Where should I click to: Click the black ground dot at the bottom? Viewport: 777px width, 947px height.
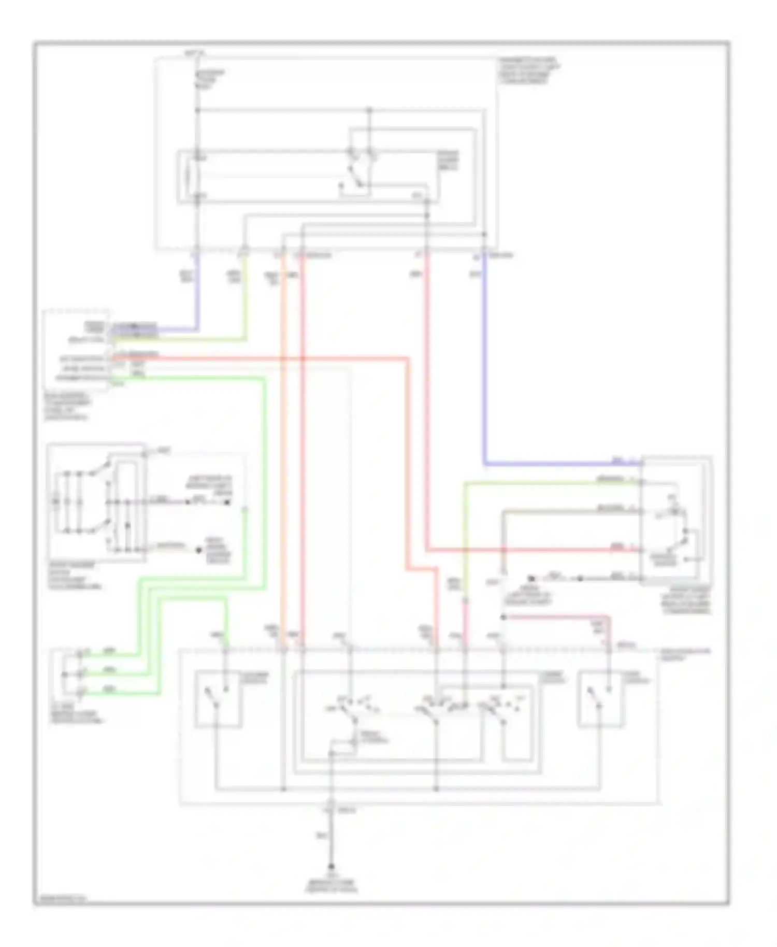tap(331, 866)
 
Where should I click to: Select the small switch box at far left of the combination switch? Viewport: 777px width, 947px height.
tap(218, 699)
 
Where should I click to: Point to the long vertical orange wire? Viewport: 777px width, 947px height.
tap(284, 466)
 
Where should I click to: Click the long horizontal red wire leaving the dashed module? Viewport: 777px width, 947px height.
tap(259, 358)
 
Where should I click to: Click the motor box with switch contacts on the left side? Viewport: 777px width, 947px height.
tap(96, 502)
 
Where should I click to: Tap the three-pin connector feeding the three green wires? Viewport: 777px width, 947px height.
tap(73, 673)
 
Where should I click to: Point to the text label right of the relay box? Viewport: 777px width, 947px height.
tap(448, 161)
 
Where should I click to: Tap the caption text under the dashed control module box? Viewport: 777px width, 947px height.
tap(67, 407)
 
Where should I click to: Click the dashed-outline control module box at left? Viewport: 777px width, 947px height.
tap(77, 350)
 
